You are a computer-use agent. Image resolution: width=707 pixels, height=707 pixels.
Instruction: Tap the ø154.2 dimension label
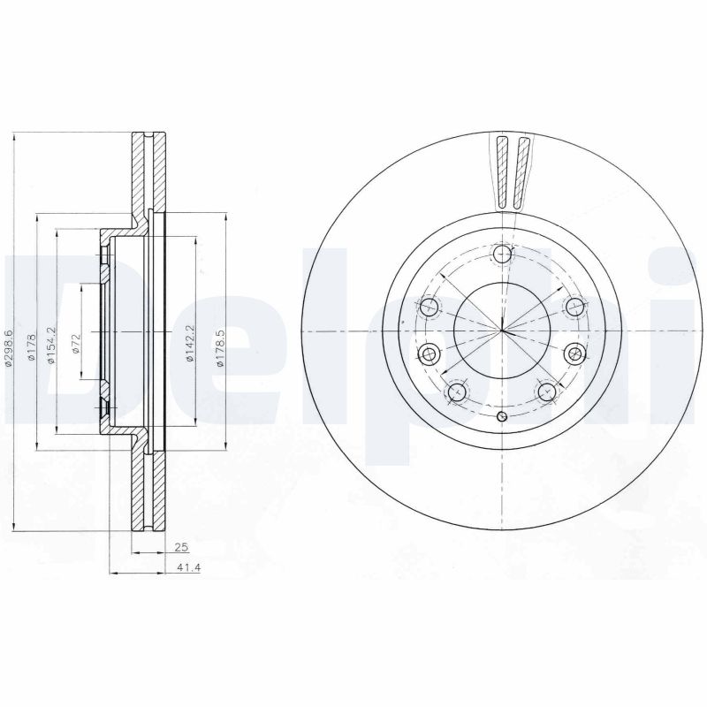coord(53,341)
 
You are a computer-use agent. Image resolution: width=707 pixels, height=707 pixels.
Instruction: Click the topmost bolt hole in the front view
coord(503,255)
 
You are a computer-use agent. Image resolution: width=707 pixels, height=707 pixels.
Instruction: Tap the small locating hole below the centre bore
coord(502,418)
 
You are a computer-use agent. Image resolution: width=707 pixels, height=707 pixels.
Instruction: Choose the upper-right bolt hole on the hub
coord(575,308)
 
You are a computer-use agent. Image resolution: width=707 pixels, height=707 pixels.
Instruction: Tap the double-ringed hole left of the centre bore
coord(430,354)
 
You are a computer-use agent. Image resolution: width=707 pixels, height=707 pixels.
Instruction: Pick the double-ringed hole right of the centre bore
coord(575,354)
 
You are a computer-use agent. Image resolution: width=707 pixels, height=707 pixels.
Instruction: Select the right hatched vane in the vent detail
coord(522,174)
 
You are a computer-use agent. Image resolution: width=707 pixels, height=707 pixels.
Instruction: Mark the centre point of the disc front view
coord(502,331)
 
